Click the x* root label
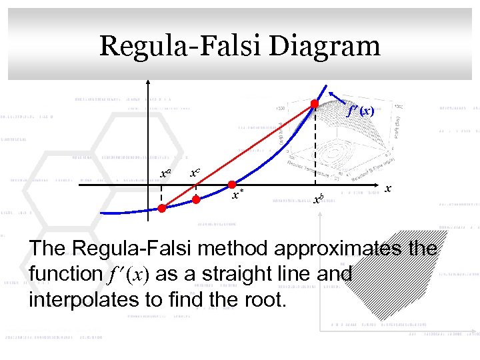[x=237, y=195]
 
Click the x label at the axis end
[x=388, y=190]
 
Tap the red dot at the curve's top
[x=314, y=103]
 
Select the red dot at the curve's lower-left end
[x=162, y=208]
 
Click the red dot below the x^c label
[x=196, y=199]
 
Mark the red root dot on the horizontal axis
[x=231, y=184]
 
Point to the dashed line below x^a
[x=161, y=195]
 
